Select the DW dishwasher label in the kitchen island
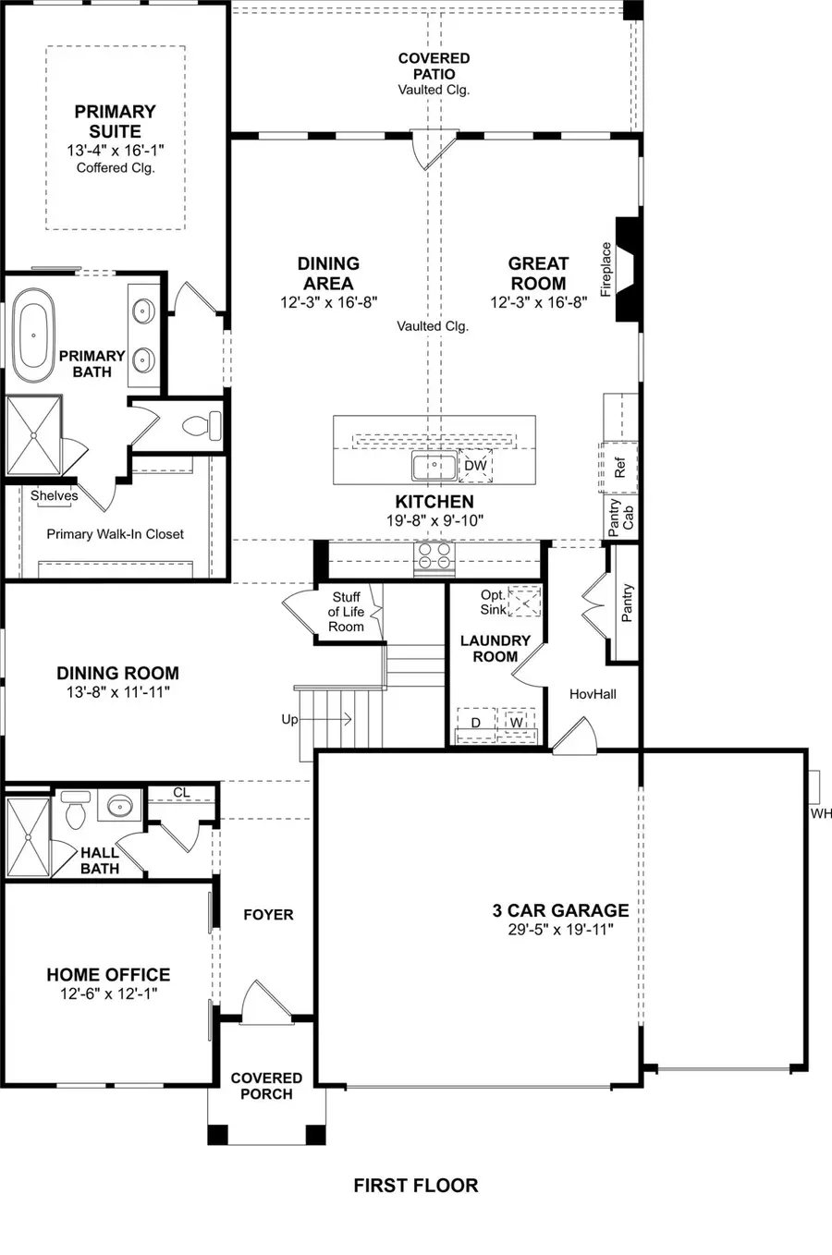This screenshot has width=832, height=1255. click(x=475, y=466)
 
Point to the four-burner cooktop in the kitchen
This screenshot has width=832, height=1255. click(x=434, y=556)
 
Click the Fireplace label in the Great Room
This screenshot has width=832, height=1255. click(x=606, y=269)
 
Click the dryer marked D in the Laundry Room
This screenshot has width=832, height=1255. click(x=476, y=722)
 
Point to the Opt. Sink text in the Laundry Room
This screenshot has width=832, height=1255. click(x=493, y=603)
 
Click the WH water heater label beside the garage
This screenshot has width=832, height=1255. click(x=820, y=813)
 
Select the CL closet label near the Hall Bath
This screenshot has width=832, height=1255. click(x=181, y=792)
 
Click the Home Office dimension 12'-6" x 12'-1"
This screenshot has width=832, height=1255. click(x=108, y=993)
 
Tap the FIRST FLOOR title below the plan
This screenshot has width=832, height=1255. click(x=415, y=1185)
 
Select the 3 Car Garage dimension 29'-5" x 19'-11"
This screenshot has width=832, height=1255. click(x=560, y=930)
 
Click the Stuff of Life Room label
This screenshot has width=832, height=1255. click(x=346, y=612)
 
